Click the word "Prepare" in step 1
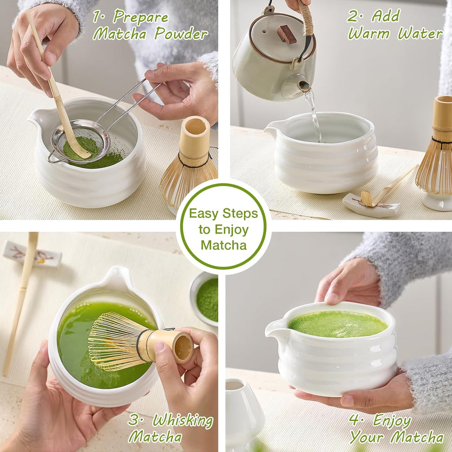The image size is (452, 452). coord(140,18)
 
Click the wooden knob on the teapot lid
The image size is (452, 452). coord(286,34)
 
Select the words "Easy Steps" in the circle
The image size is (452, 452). coord(223,214)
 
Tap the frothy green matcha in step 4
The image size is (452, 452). coord(338,324)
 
